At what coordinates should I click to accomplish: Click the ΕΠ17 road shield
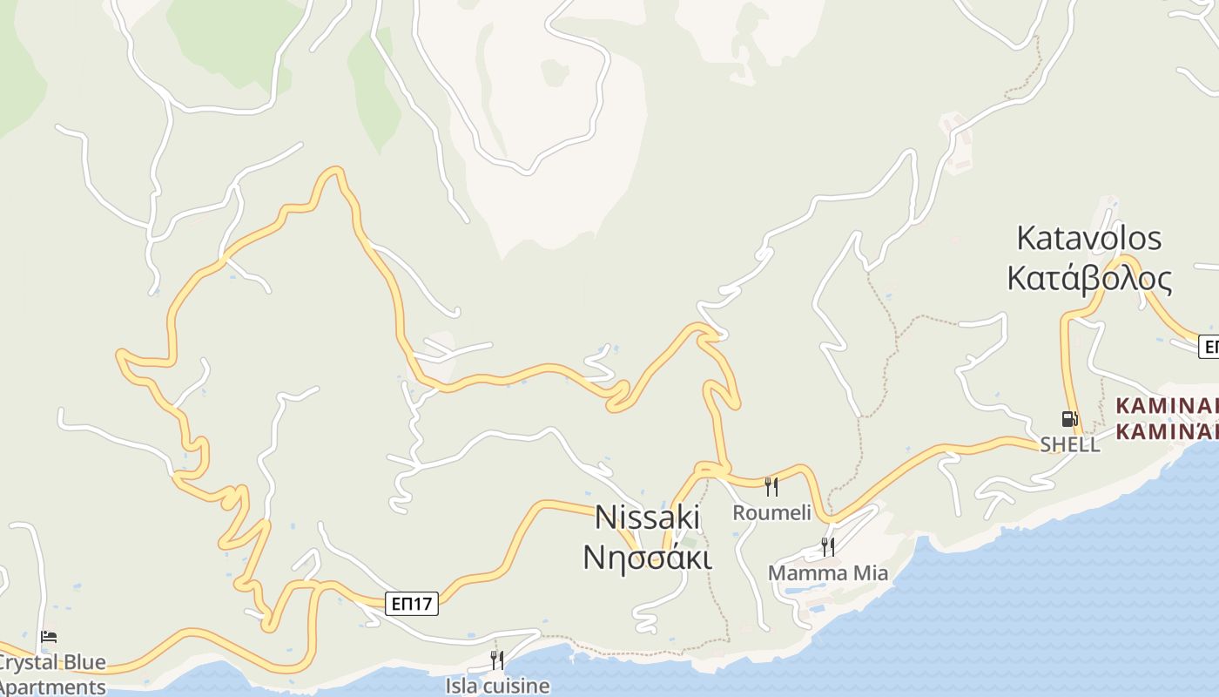(x=411, y=603)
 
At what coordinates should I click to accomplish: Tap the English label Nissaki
(x=647, y=518)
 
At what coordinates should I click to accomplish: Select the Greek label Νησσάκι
(x=647, y=556)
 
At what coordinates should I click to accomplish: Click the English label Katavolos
(x=1089, y=238)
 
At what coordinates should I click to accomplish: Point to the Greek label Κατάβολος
(x=1089, y=278)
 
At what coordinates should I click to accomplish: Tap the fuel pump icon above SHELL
(x=1069, y=419)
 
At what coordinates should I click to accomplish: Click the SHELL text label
(x=1070, y=444)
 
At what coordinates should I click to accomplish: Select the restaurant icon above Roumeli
(x=771, y=486)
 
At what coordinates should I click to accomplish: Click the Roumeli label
(x=771, y=512)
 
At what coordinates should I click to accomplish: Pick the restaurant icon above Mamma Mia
(x=827, y=547)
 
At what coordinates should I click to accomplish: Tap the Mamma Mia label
(x=827, y=573)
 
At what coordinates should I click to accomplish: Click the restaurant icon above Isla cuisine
(x=496, y=660)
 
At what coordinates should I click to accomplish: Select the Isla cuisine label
(x=497, y=686)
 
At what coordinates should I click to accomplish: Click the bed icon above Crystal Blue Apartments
(x=49, y=638)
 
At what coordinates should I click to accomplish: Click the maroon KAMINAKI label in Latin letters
(x=1167, y=405)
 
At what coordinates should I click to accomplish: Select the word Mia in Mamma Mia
(x=869, y=573)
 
